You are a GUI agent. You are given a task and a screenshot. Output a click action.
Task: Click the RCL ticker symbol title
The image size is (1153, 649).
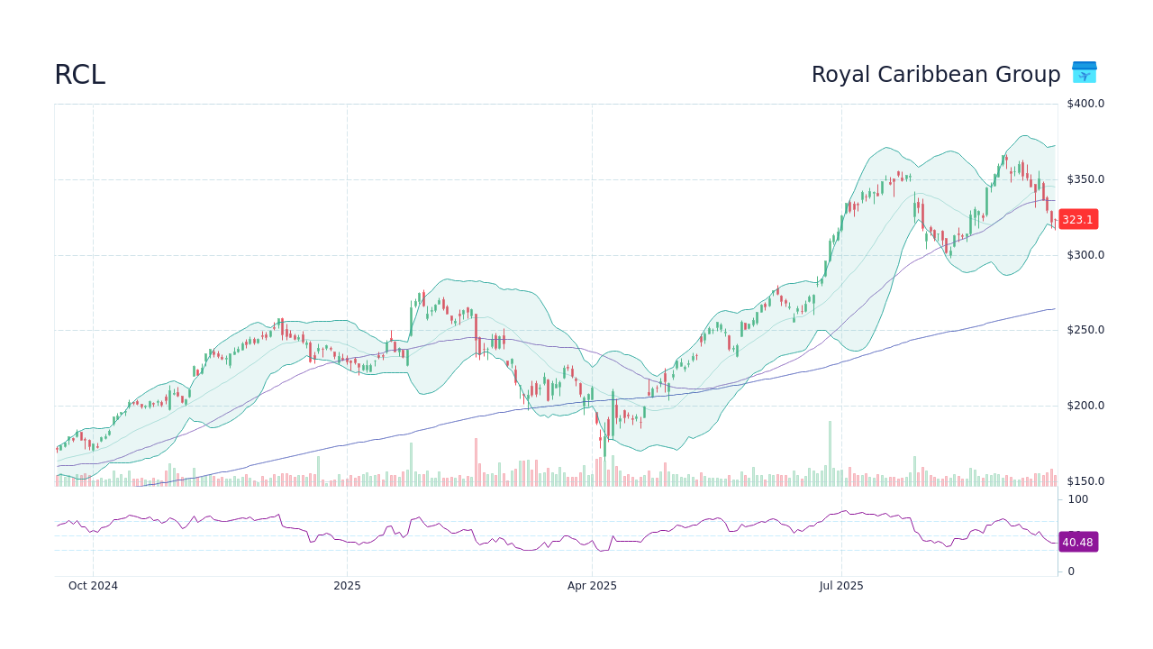click(79, 75)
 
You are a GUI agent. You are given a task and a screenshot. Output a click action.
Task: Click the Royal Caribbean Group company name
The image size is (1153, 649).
click(935, 75)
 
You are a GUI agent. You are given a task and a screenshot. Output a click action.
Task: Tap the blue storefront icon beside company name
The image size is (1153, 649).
click(1084, 72)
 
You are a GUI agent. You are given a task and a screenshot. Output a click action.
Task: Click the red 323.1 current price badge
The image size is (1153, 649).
click(1077, 219)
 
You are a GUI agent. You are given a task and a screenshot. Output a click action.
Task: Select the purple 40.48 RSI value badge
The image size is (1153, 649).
click(1077, 542)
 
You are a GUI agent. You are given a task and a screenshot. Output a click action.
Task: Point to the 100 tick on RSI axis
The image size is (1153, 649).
click(1078, 499)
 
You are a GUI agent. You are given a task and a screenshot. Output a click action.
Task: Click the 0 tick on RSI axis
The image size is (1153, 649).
click(1071, 571)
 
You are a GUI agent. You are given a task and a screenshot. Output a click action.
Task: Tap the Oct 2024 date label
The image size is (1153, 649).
click(93, 586)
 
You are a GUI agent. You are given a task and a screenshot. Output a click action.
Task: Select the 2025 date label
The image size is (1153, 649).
click(347, 586)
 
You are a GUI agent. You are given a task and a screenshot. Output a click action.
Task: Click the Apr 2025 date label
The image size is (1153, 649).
click(592, 586)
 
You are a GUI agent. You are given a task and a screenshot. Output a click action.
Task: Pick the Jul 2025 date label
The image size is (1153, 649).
click(841, 586)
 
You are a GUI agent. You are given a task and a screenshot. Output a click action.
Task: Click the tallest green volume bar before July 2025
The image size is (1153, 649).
click(830, 453)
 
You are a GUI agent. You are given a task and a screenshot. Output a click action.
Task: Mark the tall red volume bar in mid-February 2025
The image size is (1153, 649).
click(476, 462)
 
